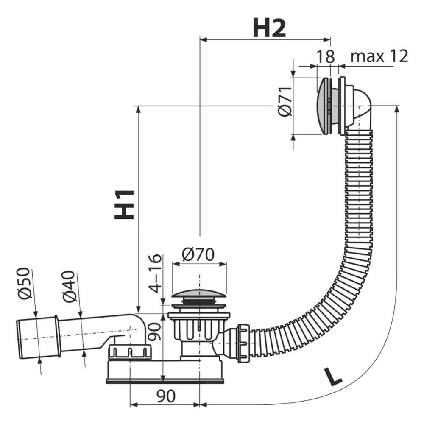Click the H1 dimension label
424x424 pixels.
click(125, 204)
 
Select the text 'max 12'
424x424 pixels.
click(379, 56)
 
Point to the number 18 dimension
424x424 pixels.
click(325, 56)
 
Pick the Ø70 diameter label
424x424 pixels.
click(198, 254)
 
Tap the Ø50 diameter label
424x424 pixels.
click(24, 283)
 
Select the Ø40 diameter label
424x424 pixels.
click(69, 286)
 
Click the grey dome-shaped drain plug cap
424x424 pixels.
click(198, 295)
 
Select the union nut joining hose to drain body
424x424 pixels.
click(243, 342)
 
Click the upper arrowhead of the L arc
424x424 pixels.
click(397, 109)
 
